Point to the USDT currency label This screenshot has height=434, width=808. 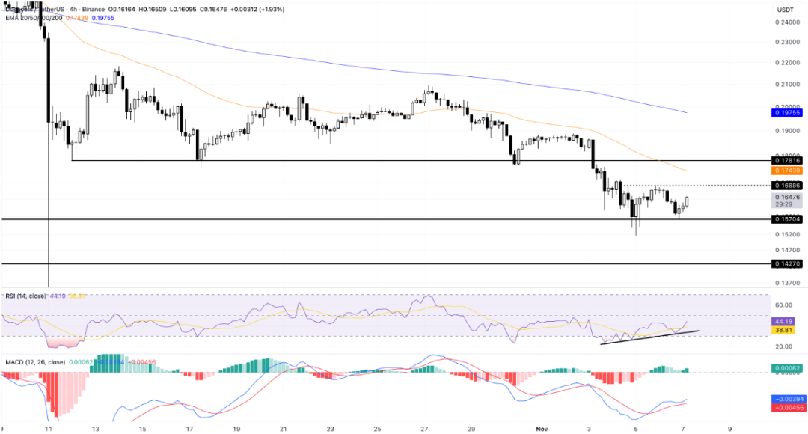[785, 10]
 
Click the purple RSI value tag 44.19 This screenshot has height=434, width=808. [783, 321]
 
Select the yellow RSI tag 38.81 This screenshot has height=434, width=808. [783, 330]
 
